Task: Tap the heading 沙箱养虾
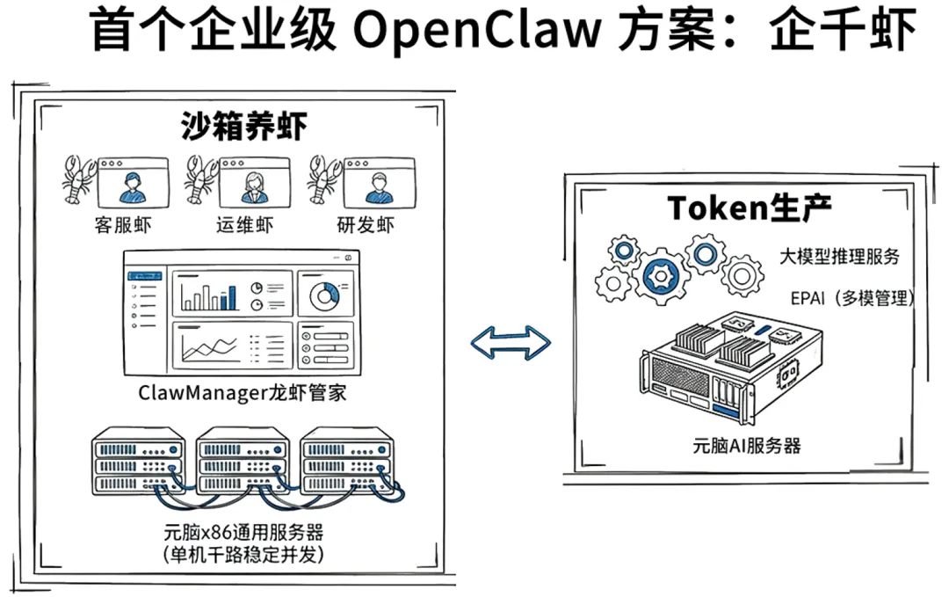pos(243,127)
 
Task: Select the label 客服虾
pos(122,225)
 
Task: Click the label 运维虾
pos(244,225)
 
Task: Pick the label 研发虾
pos(366,225)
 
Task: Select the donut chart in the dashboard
pos(325,295)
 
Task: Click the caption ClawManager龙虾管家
pos(243,392)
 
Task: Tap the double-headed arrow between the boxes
pos(511,343)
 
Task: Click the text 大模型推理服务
pos(840,257)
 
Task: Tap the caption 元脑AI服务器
pos(746,445)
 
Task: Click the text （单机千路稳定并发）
pos(243,555)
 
